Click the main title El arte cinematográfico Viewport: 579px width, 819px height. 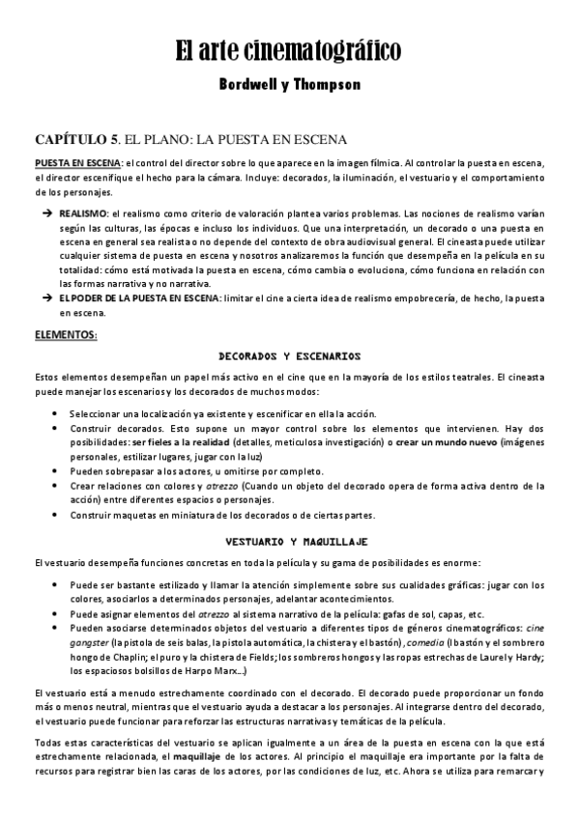click(288, 51)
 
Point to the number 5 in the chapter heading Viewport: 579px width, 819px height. click(116, 139)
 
